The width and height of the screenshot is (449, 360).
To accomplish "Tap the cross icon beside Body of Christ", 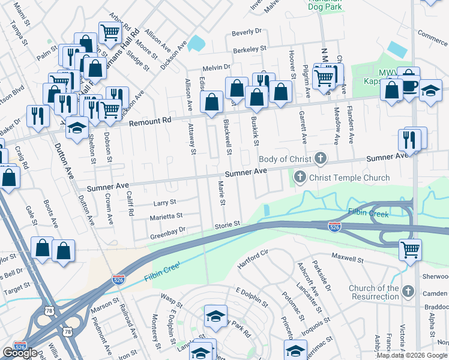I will click(x=321, y=159).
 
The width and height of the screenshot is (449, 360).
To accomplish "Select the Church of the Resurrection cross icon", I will click(x=408, y=292).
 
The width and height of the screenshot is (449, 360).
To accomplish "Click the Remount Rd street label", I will click(x=151, y=122).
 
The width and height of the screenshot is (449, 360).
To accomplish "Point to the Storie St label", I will click(x=228, y=224).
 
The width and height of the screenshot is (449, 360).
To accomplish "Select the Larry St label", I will click(x=164, y=203).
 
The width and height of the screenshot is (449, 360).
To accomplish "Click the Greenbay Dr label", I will click(x=168, y=229).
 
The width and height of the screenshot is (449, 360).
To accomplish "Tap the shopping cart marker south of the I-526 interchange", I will click(x=411, y=248).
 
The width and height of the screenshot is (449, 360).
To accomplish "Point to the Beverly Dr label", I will click(x=248, y=31).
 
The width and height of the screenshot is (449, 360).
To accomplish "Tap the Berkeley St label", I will click(x=249, y=50).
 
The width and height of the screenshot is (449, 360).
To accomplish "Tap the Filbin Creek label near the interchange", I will click(x=369, y=213).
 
